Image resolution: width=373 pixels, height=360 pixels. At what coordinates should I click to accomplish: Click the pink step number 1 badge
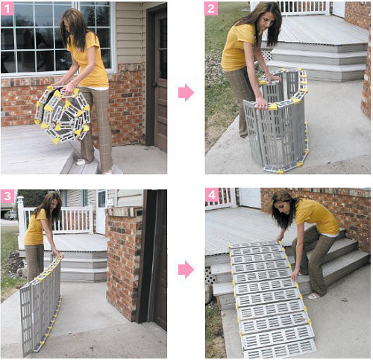7,9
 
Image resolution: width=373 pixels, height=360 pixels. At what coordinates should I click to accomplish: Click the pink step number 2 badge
211,9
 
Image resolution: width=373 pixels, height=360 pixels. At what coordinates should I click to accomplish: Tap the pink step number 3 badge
7,196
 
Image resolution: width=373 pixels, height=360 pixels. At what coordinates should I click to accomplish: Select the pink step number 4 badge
212,195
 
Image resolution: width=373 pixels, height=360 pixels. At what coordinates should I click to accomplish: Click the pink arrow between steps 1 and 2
186,93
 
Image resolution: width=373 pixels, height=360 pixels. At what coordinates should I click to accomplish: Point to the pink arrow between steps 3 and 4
186,270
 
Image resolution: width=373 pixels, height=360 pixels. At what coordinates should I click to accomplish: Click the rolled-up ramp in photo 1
63,114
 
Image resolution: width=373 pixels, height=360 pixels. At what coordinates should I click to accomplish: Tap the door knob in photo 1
155,84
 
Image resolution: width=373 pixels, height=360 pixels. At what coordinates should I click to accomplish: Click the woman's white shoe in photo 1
81,162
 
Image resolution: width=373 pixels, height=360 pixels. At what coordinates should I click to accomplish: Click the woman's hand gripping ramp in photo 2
262,102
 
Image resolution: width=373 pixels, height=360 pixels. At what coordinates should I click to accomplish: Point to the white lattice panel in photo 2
267,55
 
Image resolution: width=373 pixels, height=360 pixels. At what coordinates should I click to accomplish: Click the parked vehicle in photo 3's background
10,215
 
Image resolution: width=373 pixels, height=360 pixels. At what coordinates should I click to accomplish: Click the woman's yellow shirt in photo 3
35,228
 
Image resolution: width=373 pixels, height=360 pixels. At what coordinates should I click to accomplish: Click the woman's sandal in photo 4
314,296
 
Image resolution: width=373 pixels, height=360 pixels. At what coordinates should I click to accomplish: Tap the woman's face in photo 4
283,208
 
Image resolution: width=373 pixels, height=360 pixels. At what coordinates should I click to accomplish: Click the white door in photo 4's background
249,198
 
